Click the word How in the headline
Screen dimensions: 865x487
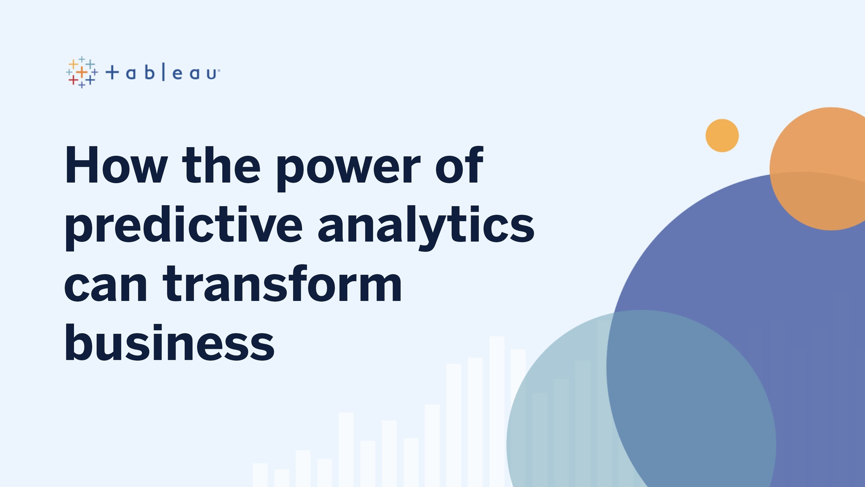point(116,165)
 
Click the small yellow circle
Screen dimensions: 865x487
point(722,135)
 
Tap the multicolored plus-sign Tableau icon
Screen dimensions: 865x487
point(82,72)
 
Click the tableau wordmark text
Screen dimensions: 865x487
point(163,72)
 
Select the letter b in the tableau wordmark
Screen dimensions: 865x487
point(150,72)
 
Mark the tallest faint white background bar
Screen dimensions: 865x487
point(497,411)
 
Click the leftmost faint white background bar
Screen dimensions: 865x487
point(260,475)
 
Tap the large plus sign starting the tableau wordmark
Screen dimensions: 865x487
point(112,72)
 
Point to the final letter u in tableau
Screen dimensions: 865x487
point(211,74)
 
